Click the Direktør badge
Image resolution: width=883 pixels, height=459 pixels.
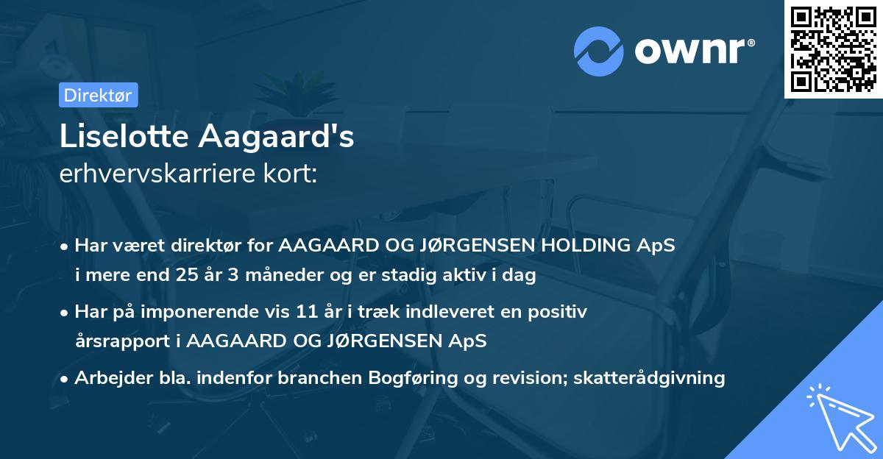97,95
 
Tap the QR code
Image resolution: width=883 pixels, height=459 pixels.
833,49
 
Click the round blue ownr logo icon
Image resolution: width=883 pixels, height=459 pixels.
599,51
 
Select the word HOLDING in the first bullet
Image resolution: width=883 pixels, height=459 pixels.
588,246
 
